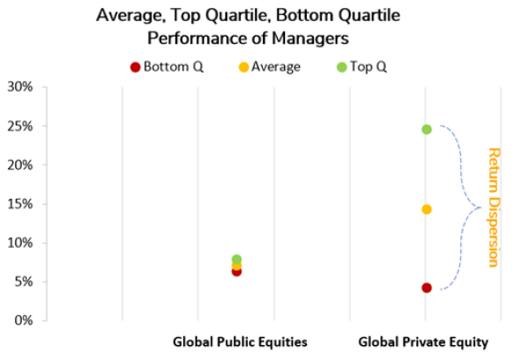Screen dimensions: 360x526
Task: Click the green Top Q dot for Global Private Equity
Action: [426, 130]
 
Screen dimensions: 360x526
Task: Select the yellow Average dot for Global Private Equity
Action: [426, 209]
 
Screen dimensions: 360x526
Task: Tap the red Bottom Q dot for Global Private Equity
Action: [426, 287]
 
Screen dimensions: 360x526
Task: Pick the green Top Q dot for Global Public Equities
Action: [237, 259]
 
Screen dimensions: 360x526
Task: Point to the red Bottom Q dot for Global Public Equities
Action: [237, 272]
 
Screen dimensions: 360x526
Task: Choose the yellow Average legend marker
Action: [244, 67]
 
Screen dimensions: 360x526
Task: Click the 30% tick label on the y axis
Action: [19, 88]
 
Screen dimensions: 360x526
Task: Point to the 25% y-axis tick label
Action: [19, 126]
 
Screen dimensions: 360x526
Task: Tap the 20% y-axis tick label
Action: [19, 165]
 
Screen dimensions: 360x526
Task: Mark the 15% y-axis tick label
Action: [19, 204]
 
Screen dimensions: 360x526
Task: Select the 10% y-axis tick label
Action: [19, 243]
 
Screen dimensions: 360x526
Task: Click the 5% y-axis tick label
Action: [23, 282]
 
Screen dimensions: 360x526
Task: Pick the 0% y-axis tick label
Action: [23, 321]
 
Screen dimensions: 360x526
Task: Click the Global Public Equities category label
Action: [239, 342]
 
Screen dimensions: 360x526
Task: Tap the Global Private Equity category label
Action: [423, 342]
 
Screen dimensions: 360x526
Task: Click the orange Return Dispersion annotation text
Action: [493, 207]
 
